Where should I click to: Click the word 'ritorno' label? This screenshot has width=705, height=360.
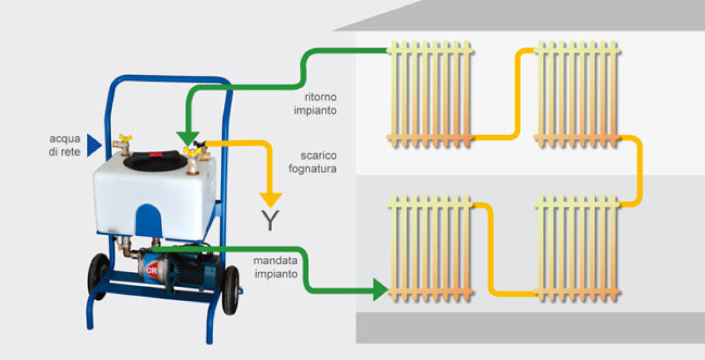(320, 97)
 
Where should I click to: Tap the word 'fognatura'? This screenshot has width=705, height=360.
(313, 169)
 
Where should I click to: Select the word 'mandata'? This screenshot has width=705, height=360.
(275, 261)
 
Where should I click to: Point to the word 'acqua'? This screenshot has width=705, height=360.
(65, 139)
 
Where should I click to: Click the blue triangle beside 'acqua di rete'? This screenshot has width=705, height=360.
(94, 146)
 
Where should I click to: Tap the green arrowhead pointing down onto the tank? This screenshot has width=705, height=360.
(188, 139)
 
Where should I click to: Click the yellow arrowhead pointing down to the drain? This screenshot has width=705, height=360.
(271, 200)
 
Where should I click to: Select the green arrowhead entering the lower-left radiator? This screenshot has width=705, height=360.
(380, 290)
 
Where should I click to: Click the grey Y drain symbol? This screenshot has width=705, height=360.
(270, 220)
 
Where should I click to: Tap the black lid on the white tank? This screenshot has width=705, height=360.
(155, 160)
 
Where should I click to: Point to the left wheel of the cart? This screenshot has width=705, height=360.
(98, 276)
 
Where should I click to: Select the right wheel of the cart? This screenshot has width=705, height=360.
(231, 290)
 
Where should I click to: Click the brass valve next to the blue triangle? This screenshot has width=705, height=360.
(122, 145)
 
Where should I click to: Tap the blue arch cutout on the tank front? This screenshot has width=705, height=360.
(148, 220)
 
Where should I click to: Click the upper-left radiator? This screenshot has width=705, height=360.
(430, 94)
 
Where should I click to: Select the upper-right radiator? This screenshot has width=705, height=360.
(577, 94)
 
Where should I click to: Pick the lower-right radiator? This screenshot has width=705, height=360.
(577, 248)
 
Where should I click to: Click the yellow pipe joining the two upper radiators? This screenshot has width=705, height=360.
(518, 94)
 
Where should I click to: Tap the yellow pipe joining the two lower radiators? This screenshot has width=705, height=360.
(491, 249)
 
